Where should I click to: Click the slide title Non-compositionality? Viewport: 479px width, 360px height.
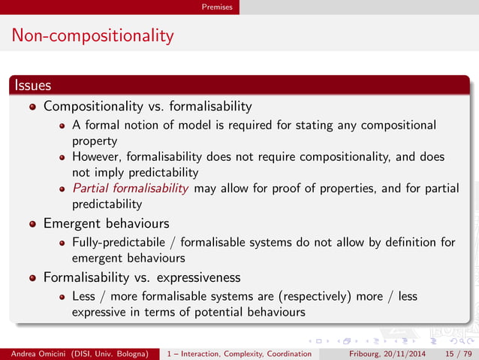92,35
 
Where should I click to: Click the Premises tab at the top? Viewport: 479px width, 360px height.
217,7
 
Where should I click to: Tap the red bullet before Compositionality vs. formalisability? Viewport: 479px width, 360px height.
33,107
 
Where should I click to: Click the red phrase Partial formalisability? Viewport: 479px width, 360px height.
131,188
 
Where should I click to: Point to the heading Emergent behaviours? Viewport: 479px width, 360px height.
106,223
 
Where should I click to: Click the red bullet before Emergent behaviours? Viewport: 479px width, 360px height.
33,224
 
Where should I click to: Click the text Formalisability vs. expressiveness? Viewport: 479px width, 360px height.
142,277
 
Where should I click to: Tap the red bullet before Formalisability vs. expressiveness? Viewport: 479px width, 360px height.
33,277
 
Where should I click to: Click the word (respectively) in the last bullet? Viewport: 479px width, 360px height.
314,296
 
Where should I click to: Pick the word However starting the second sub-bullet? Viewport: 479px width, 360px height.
98,156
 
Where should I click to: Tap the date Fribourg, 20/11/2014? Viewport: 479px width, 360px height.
389,353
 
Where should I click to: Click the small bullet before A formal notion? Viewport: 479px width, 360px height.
65,126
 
